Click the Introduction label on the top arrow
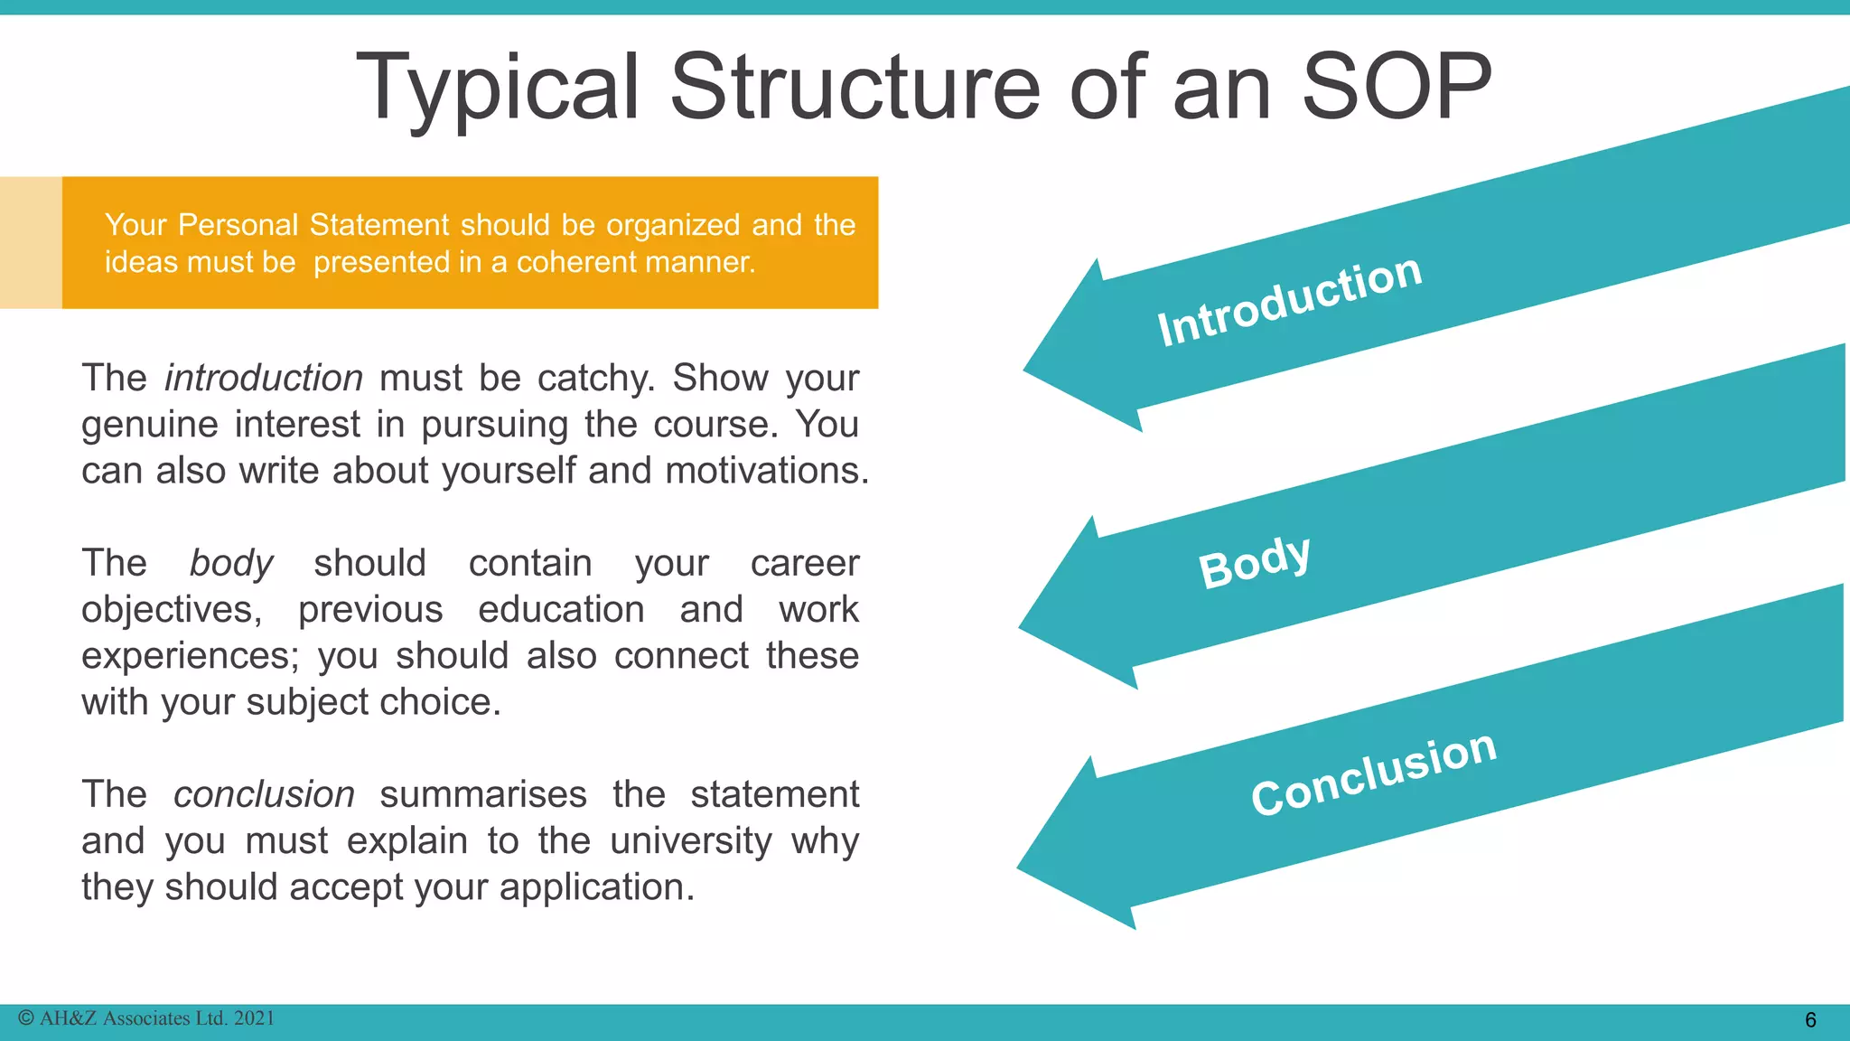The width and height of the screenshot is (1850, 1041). tap(1290, 300)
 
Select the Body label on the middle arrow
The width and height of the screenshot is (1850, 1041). tap(1254, 561)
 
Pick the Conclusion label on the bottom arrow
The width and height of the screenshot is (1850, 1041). tap(1373, 773)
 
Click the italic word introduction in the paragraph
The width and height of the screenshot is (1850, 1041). tap(264, 378)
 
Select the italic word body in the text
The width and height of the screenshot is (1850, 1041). tap(231, 563)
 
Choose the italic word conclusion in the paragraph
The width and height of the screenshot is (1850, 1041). tap(264, 794)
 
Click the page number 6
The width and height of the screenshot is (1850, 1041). tap(1810, 1020)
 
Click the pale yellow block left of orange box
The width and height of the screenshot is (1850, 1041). tap(31, 242)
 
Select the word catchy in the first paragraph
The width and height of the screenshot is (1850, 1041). tap(596, 378)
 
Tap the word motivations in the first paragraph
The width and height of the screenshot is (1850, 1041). tap(767, 471)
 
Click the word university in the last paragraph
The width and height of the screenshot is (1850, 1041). tap(691, 840)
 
